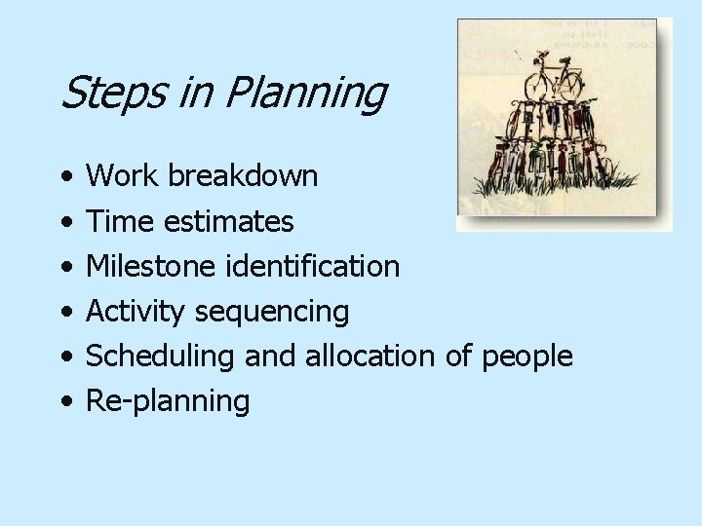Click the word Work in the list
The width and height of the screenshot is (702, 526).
pyautogui.click(x=123, y=176)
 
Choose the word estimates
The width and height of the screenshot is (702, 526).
pyautogui.click(x=228, y=222)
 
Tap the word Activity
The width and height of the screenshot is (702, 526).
pyautogui.click(x=136, y=312)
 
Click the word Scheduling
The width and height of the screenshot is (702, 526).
pyautogui.click(x=161, y=357)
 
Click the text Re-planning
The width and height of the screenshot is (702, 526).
pyautogui.click(x=168, y=401)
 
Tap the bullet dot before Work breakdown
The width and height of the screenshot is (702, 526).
pyautogui.click(x=63, y=177)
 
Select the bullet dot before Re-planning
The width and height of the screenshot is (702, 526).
pyautogui.click(x=63, y=401)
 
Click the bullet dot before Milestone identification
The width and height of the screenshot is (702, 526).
pyautogui.click(x=63, y=267)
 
